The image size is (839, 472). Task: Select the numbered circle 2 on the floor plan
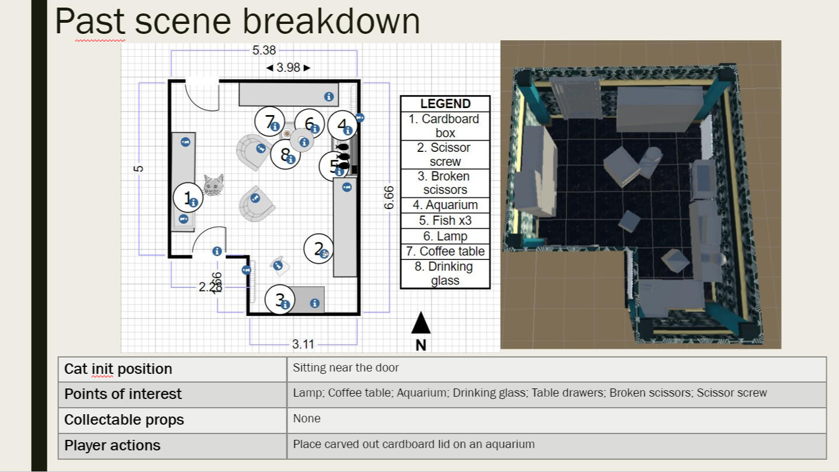(x=319, y=249)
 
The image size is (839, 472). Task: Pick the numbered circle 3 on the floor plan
(x=280, y=300)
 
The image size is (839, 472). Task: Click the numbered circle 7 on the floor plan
(x=270, y=122)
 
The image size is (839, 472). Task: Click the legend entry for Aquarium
(x=445, y=205)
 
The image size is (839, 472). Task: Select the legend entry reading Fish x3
(x=445, y=221)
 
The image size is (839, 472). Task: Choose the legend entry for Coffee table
(x=445, y=251)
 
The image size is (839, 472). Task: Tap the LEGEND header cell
(x=445, y=104)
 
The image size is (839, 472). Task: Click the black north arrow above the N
(x=421, y=323)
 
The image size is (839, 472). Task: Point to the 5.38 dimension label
(x=264, y=51)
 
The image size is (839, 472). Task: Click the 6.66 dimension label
(x=389, y=197)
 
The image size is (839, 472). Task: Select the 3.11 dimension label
(x=303, y=344)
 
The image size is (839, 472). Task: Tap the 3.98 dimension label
(x=288, y=68)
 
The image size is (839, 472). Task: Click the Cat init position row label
(x=119, y=369)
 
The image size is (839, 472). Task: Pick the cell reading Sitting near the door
(x=346, y=368)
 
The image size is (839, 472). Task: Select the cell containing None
(x=307, y=419)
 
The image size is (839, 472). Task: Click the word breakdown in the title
(x=331, y=22)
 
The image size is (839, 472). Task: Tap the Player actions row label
(x=112, y=445)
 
